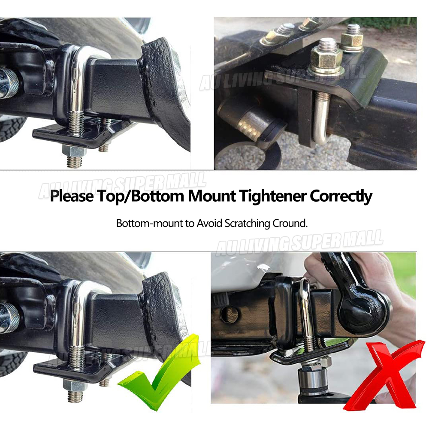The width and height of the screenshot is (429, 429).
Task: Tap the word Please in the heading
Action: (72, 196)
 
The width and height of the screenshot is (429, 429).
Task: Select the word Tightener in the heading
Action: (272, 196)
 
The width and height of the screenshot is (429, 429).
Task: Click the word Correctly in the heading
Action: (341, 196)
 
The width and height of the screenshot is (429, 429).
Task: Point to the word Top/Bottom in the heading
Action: (140, 196)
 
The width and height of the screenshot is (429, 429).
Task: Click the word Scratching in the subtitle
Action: (248, 224)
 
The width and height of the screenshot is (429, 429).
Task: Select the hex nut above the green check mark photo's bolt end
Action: (75, 385)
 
